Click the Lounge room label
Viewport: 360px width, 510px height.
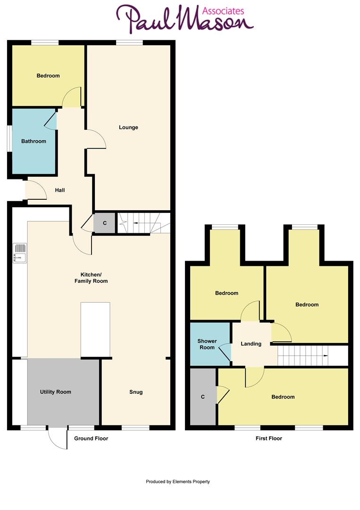[x=128, y=127]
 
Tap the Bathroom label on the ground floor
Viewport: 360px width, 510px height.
[x=33, y=141]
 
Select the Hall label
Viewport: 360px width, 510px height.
[x=60, y=190]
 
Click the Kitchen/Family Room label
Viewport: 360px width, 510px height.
[x=91, y=278]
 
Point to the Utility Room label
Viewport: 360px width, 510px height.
[x=55, y=392]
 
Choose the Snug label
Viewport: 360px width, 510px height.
[x=136, y=392]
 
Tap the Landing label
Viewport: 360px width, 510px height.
[x=251, y=344]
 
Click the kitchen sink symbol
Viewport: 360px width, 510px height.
[x=20, y=253]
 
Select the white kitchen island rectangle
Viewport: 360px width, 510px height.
[x=95, y=329]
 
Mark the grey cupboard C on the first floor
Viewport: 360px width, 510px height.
[x=203, y=397]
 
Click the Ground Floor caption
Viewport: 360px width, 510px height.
[x=91, y=439]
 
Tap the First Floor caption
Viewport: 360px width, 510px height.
[x=268, y=439]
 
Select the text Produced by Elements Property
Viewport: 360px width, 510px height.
[x=178, y=482]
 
